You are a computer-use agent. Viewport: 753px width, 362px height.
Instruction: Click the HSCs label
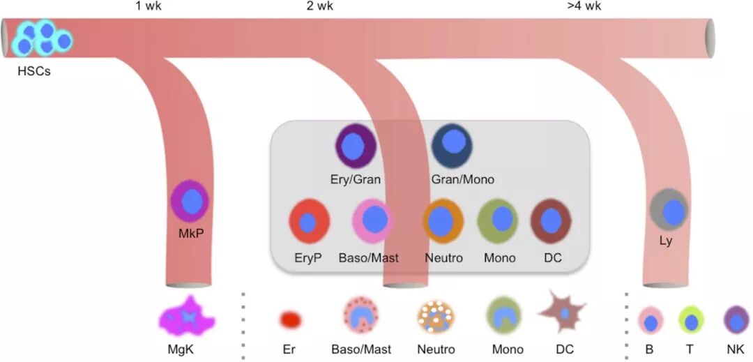click(x=33, y=70)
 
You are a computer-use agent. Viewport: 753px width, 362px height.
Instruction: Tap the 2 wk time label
click(x=319, y=7)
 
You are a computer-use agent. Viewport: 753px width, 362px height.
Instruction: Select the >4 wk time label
click(x=584, y=7)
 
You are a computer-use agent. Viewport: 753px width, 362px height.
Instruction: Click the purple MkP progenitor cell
click(x=190, y=201)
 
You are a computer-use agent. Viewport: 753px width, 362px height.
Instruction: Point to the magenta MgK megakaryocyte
click(x=186, y=317)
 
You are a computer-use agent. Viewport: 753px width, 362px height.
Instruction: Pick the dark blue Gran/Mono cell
click(x=452, y=145)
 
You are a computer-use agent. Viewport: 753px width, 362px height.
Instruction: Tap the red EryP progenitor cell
click(x=309, y=222)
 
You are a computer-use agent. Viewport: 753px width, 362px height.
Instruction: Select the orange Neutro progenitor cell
click(x=443, y=221)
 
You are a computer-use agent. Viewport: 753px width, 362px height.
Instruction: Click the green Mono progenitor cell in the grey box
click(x=498, y=220)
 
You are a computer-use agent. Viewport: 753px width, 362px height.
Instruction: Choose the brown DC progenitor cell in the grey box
click(x=552, y=220)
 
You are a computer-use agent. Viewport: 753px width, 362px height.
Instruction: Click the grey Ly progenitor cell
click(x=669, y=210)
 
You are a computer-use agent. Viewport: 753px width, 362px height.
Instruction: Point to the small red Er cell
click(x=290, y=319)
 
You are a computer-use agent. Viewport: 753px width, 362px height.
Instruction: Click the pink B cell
click(x=651, y=321)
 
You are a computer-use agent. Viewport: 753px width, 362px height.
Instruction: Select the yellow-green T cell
click(x=691, y=320)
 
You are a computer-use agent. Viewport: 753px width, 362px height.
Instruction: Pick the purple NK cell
click(x=736, y=320)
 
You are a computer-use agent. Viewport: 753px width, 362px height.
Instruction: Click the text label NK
click(x=736, y=349)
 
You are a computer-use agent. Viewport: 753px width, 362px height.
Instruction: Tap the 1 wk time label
click(x=148, y=7)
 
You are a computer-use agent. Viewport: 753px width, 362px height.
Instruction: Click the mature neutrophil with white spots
click(x=436, y=317)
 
